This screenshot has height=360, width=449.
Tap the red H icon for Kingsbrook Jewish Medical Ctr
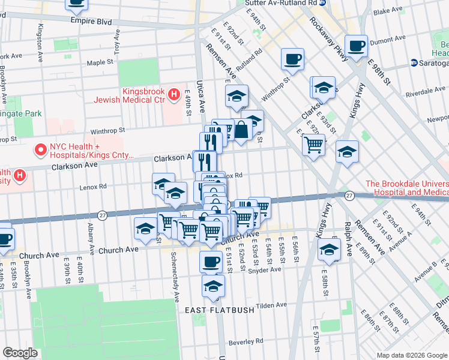click(174, 94)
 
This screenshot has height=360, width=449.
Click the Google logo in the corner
click(20, 353)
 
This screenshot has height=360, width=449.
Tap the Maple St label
click(100, 62)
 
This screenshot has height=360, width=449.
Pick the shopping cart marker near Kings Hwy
click(313, 144)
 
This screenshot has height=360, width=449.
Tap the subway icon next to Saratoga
click(414, 63)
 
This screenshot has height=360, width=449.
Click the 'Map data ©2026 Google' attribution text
click(411, 355)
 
